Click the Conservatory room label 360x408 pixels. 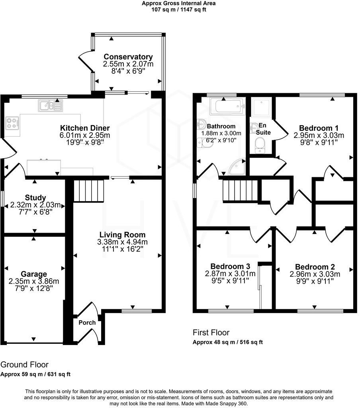(128, 57)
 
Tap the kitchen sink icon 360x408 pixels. (50, 105)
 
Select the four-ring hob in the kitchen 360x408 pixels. (12, 123)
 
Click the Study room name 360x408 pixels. (35, 198)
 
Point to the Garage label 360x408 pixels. (34, 274)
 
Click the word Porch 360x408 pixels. (87, 322)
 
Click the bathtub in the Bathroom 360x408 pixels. (226, 106)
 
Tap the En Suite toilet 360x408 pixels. (260, 145)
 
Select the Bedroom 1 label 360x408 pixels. (319, 128)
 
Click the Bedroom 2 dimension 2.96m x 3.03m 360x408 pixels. (315, 274)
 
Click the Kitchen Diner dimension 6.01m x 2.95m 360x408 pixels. (84, 135)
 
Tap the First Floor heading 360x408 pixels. (211, 333)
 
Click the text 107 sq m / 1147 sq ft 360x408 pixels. (179, 10)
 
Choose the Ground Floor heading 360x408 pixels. (24, 365)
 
